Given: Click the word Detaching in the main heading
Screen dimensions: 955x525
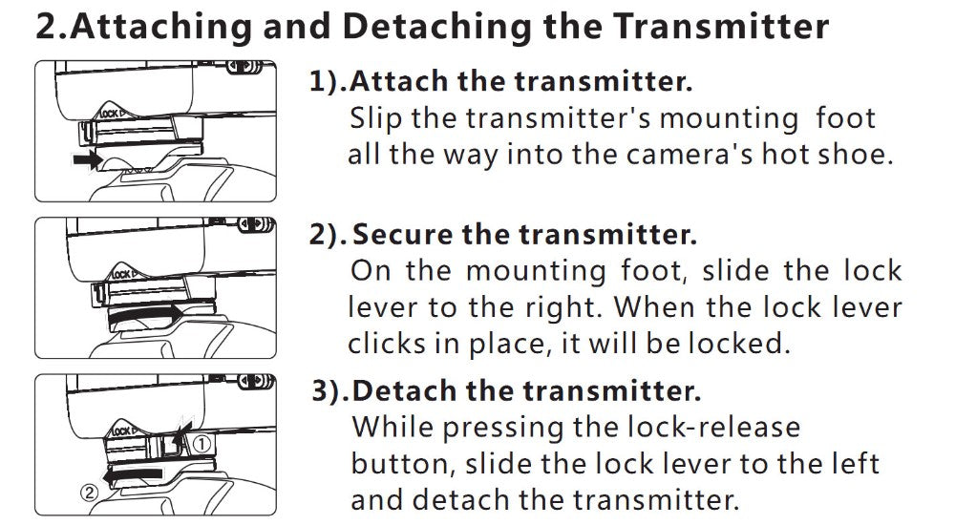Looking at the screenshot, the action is tap(436, 27).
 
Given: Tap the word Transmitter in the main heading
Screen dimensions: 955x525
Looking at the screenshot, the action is tap(720, 27).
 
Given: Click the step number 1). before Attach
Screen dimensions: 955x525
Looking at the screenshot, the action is tap(328, 81).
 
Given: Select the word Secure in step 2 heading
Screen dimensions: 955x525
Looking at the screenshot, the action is tap(403, 235).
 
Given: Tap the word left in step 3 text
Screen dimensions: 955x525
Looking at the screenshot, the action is tap(858, 464).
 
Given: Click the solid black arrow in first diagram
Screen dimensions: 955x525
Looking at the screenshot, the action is tap(88, 160).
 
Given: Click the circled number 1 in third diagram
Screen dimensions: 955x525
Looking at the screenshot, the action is tap(202, 444).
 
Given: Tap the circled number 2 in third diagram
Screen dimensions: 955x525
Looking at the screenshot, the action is tap(90, 493).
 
